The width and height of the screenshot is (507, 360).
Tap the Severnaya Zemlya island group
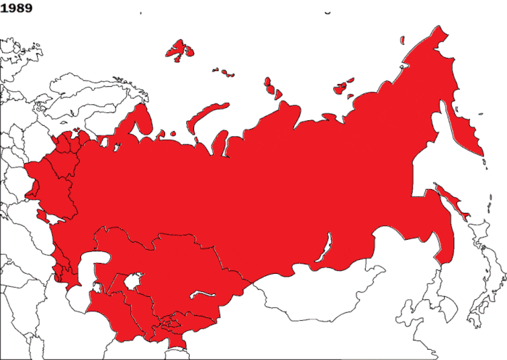[x=273, y=87]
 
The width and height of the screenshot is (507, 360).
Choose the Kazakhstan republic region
[x=167, y=261]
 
